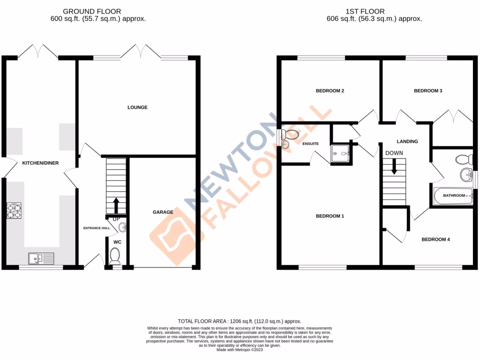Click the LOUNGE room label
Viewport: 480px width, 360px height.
pyautogui.click(x=137, y=107)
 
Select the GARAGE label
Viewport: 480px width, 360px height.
pyautogui.click(x=163, y=212)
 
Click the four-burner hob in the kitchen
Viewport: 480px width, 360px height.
pyautogui.click(x=14, y=211)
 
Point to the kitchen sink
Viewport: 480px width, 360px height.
pyautogui.click(x=41, y=258)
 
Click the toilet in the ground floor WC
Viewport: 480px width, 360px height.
pyautogui.click(x=114, y=256)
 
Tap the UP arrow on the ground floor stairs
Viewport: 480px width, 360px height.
pyautogui.click(x=116, y=205)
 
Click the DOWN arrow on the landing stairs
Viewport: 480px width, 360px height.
pyautogui.click(x=394, y=166)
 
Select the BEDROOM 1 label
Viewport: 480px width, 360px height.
pyautogui.click(x=330, y=216)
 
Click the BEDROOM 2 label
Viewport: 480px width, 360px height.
pyautogui.click(x=330, y=91)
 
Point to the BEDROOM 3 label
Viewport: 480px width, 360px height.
pyautogui.click(x=428, y=91)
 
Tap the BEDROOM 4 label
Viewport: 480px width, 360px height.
pyautogui.click(x=435, y=240)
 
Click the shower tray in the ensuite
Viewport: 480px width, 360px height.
pyautogui.click(x=341, y=153)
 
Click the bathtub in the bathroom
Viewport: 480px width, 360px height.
pyautogui.click(x=453, y=196)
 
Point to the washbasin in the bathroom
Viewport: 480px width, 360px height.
pyautogui.click(x=465, y=175)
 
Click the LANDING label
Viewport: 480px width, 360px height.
pyautogui.click(x=407, y=141)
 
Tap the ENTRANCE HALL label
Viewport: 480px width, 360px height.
pyautogui.click(x=97, y=228)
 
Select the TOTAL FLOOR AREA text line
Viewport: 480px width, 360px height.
pyautogui.click(x=240, y=321)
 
